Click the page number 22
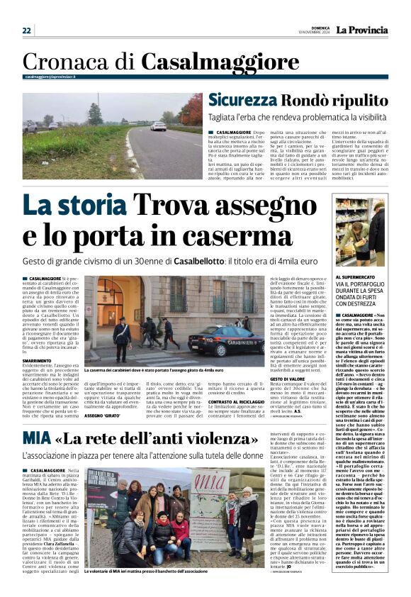click(x=26, y=30)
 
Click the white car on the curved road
click(x=159, y=126)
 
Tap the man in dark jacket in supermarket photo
click(x=359, y=234)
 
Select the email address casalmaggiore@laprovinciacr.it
click(x=50, y=77)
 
